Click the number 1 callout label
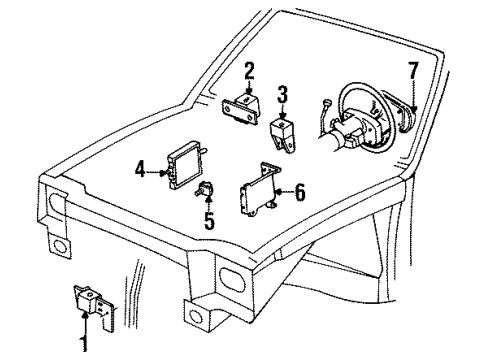(x=85, y=347)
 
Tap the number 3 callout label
(x=283, y=94)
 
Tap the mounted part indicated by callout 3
(x=285, y=136)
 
